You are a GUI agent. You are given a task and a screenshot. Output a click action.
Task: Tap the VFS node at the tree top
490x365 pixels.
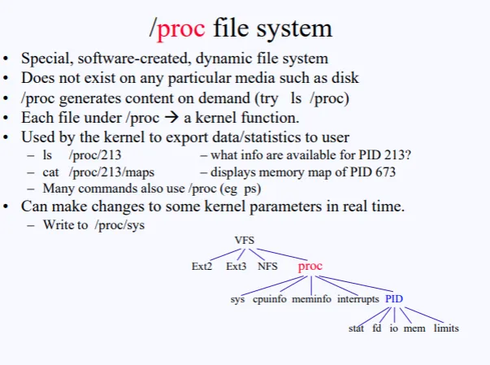click(x=245, y=241)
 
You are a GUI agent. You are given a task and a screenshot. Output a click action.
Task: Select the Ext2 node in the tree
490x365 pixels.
click(x=202, y=266)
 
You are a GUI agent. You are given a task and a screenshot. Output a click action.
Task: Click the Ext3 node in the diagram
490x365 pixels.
click(x=236, y=266)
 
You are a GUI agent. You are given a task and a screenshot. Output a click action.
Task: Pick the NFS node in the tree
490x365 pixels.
click(x=268, y=266)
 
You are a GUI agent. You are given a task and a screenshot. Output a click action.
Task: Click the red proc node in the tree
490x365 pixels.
click(x=310, y=266)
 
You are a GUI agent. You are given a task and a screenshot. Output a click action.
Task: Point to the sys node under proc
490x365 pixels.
click(x=237, y=299)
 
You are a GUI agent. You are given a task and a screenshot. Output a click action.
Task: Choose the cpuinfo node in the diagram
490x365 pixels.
click(x=270, y=299)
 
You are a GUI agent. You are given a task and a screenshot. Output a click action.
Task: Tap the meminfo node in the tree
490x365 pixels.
click(x=311, y=299)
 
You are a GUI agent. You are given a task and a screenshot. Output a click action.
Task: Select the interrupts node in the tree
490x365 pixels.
click(x=358, y=299)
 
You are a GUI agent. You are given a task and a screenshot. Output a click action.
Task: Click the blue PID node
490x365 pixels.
click(x=394, y=299)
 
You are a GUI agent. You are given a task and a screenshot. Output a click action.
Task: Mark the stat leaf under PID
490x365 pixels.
click(x=356, y=328)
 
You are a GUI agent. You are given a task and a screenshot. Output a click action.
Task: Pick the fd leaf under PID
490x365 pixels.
click(x=376, y=328)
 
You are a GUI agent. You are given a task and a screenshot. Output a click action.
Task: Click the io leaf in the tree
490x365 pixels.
click(x=393, y=328)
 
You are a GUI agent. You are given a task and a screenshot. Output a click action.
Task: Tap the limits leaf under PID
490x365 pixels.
click(x=446, y=328)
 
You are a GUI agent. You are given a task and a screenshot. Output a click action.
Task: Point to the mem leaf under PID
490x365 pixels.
click(x=414, y=328)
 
